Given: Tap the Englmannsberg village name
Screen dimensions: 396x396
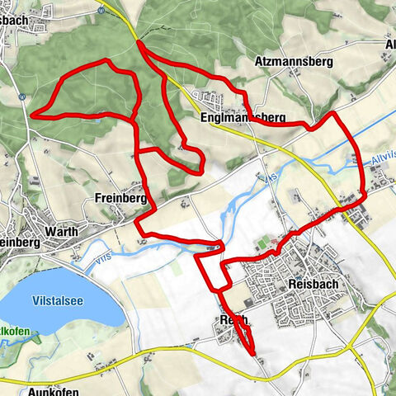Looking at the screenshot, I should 243,119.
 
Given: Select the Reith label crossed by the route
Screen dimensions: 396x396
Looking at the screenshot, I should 233,319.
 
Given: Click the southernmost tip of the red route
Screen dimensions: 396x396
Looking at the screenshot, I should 252,355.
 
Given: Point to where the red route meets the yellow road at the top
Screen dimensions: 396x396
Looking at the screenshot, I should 139,42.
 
